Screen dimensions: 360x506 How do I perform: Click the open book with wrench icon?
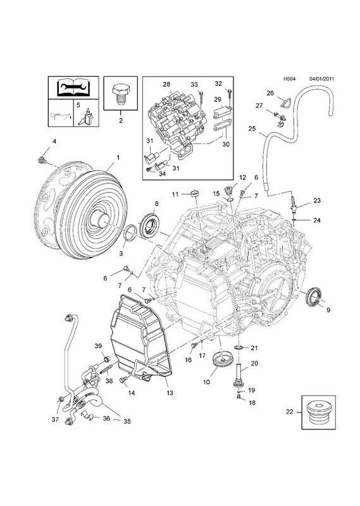click(x=73, y=87)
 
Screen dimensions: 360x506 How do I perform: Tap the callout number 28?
click(x=166, y=85)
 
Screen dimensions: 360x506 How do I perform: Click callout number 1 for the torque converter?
click(x=118, y=157)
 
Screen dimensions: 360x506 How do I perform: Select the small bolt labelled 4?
click(x=42, y=159)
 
